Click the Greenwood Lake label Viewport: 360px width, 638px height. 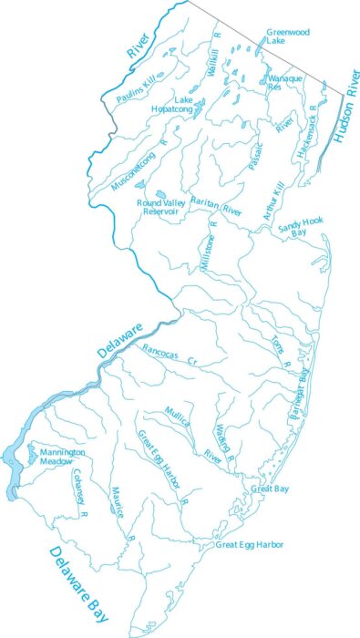[x=288, y=36]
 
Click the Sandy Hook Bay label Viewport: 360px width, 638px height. [x=301, y=226]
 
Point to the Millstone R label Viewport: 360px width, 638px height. [x=208, y=247]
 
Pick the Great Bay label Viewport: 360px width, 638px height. [x=270, y=489]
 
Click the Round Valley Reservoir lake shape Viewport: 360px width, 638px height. [x=159, y=193]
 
